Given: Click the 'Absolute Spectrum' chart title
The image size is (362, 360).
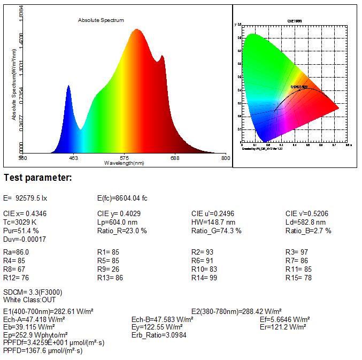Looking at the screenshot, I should pyautogui.click(x=101, y=20).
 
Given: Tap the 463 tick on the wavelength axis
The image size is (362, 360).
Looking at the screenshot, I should pyautogui.click(x=74, y=158).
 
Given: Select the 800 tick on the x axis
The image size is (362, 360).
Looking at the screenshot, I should pyautogui.click(x=225, y=158).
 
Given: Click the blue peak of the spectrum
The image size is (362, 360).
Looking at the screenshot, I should pyautogui.click(x=68, y=86).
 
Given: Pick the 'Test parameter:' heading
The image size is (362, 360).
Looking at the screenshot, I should pyautogui.click(x=37, y=178).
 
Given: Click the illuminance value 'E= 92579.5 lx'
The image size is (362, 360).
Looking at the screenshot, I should pyautogui.click(x=25, y=198).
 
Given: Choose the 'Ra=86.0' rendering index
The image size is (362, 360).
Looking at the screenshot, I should pyautogui.click(x=16, y=252).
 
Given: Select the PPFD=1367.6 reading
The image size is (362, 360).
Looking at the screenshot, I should pyautogui.click(x=43, y=351).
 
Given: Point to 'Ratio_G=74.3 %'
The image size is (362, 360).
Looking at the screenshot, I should pyautogui.click(x=216, y=231).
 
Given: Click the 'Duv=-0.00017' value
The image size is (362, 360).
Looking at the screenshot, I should pyautogui.click(x=25, y=239).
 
